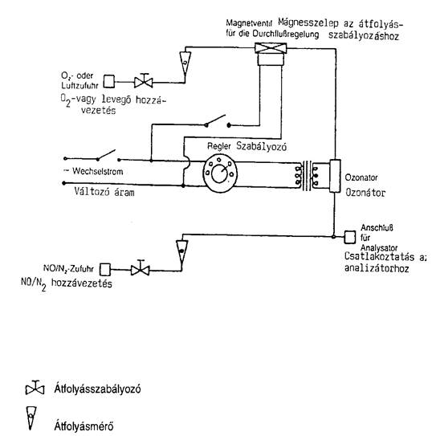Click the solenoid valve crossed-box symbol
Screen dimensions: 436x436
click(x=271, y=48)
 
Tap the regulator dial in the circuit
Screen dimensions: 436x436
click(x=220, y=173)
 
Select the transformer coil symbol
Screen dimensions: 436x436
click(x=307, y=176)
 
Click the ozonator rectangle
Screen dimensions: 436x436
click(x=335, y=176)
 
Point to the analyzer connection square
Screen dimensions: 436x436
click(x=350, y=237)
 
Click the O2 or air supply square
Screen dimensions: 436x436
click(x=109, y=81)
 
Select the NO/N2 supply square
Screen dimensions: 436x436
click(x=105, y=270)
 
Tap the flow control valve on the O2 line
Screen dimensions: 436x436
click(x=144, y=81)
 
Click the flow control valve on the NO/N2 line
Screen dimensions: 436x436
click(x=141, y=268)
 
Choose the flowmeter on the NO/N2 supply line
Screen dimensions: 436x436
click(x=181, y=252)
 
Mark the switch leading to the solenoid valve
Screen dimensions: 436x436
click(x=218, y=121)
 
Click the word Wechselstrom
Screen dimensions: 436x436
click(x=98, y=171)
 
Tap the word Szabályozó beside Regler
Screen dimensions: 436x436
click(x=262, y=146)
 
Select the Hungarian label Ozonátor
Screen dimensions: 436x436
click(x=365, y=193)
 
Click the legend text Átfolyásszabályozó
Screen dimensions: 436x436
click(x=98, y=389)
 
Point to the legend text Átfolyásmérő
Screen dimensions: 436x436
click(x=84, y=426)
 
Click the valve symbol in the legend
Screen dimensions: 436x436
click(x=35, y=388)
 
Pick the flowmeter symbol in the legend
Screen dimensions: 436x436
click(x=31, y=418)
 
